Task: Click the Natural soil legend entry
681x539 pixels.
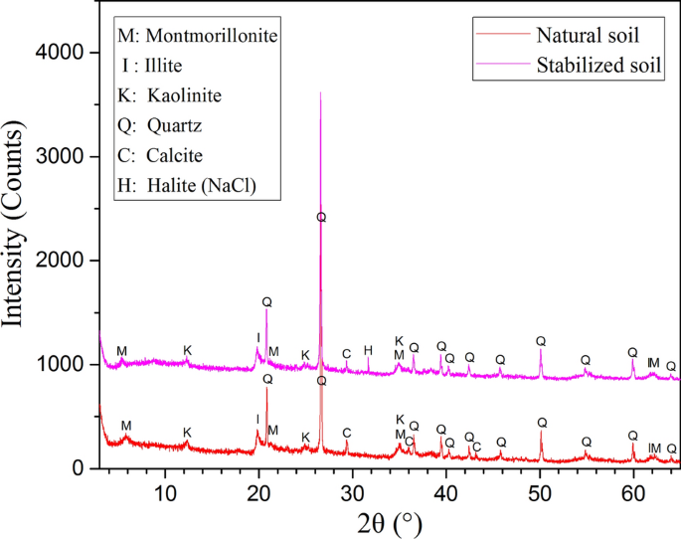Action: point(587,37)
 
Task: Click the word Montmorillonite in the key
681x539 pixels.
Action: point(212,37)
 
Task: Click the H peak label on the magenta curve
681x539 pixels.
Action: point(368,350)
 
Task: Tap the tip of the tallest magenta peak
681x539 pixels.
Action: point(320,92)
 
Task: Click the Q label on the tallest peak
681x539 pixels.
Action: point(321,217)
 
